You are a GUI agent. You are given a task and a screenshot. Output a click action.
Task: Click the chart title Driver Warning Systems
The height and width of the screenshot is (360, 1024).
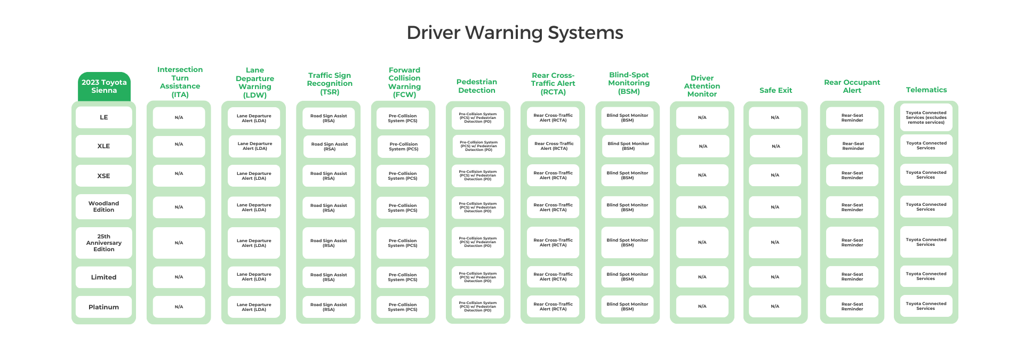click(515, 33)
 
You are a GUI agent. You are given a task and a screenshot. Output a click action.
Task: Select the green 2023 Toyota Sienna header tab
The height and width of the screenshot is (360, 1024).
click(104, 86)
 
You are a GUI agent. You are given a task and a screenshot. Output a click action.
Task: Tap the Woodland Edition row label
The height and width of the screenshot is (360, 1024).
click(104, 206)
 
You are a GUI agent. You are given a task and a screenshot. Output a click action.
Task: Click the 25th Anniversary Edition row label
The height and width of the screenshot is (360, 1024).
click(104, 243)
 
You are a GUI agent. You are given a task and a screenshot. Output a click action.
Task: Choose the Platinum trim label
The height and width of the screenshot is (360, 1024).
click(104, 307)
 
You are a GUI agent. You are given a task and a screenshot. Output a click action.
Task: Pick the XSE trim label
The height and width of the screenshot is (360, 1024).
click(104, 176)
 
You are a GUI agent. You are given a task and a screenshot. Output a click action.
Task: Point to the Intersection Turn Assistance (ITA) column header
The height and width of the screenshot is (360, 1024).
click(180, 82)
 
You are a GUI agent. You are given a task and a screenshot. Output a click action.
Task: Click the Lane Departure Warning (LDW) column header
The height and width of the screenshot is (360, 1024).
click(255, 83)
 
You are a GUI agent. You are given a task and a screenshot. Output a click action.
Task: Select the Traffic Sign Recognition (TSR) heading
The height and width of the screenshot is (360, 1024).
click(330, 84)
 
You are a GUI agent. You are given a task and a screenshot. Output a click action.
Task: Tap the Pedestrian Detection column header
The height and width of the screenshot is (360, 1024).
click(477, 86)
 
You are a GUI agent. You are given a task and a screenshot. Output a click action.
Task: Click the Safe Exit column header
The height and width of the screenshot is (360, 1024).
click(775, 91)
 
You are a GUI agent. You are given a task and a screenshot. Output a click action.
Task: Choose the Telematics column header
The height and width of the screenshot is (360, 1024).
click(926, 90)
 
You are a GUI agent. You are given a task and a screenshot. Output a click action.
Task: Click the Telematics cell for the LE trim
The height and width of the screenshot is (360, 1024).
click(926, 118)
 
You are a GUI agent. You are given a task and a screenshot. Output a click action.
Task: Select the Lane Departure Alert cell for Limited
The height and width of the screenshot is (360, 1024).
click(254, 277)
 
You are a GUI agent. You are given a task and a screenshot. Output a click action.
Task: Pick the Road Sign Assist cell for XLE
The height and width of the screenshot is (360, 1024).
click(330, 147)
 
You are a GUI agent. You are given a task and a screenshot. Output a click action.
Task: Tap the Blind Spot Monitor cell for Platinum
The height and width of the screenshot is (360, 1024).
click(627, 307)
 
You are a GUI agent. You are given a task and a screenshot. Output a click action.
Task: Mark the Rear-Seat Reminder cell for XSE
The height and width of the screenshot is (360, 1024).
click(852, 175)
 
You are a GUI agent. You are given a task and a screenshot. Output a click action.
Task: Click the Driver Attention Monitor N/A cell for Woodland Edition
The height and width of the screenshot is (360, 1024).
click(702, 207)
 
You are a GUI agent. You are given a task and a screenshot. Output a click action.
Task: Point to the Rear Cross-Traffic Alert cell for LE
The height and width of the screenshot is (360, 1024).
click(553, 118)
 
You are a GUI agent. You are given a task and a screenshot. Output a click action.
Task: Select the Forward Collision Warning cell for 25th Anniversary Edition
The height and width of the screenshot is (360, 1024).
click(403, 243)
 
